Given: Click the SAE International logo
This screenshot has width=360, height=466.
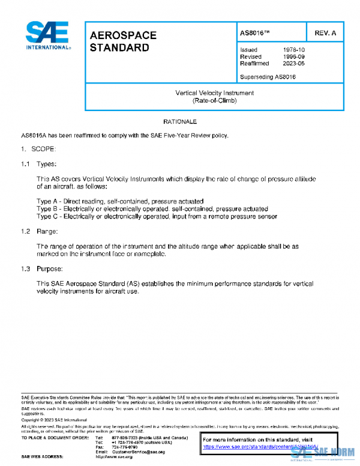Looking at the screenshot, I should pyautogui.click(x=47, y=36).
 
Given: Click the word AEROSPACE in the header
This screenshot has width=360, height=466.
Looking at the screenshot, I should pyautogui.click(x=122, y=35).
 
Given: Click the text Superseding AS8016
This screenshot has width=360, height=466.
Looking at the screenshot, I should pyautogui.click(x=268, y=77).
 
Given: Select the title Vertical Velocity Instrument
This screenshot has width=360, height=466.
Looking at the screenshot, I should pyautogui.click(x=214, y=93).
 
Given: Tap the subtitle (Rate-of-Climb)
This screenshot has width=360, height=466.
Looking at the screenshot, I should pyautogui.click(x=214, y=101).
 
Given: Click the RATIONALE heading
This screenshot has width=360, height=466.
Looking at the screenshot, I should pyautogui.click(x=180, y=122).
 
